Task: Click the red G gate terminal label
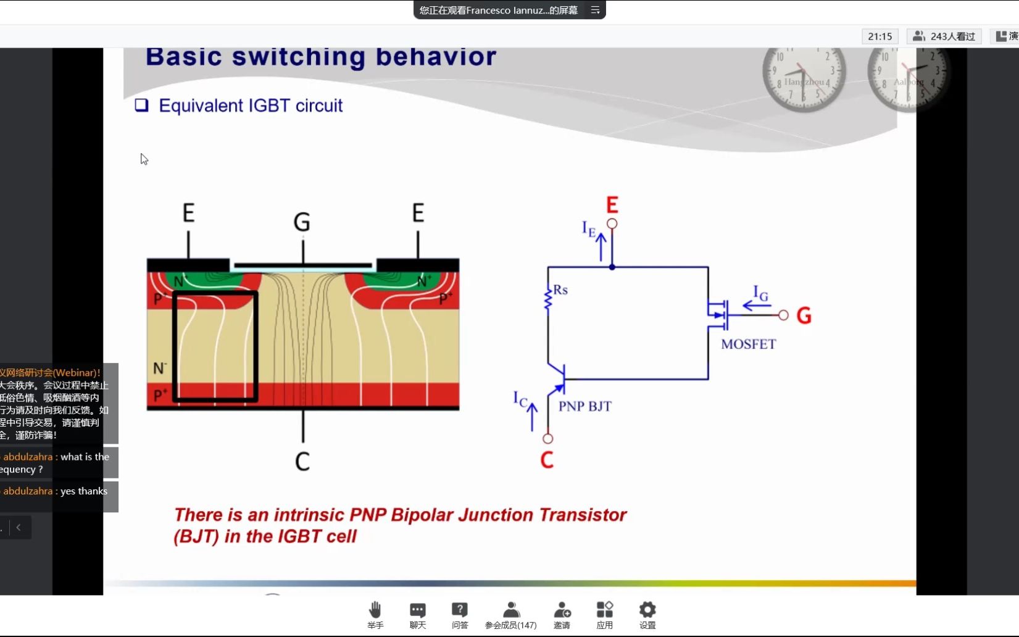point(804,316)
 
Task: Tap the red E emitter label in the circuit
point(612,205)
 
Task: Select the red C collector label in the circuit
point(547,460)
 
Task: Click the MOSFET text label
point(748,344)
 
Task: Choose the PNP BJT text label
point(584,406)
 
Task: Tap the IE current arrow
point(601,246)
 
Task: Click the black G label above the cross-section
point(302,222)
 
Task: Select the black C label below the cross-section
point(302,461)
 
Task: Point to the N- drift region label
point(159,368)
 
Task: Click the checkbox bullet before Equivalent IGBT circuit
point(142,105)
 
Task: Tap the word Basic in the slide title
point(183,57)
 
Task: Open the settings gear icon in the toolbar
point(647,610)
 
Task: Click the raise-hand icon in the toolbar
point(375,610)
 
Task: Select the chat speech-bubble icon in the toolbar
point(418,610)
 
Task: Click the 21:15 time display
point(880,36)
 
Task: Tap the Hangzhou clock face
point(803,77)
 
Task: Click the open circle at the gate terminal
point(783,315)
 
